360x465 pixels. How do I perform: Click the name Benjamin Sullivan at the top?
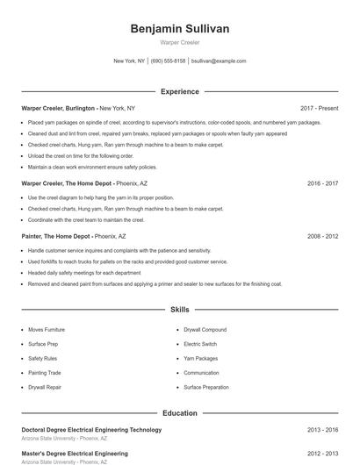click(179, 29)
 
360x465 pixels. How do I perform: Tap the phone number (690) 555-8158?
click(168, 61)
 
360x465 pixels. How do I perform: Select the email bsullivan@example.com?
click(219, 61)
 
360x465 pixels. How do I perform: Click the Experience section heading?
click(179, 91)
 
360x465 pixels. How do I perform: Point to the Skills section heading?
click(179, 310)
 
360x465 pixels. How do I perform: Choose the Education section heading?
click(179, 411)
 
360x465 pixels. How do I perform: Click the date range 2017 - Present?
click(319, 108)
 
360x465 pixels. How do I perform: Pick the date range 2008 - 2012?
click(322, 236)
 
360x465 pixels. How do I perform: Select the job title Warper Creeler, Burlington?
click(58, 108)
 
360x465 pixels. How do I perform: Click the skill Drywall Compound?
click(205, 329)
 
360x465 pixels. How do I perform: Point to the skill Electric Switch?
click(199, 344)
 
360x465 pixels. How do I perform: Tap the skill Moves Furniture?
click(47, 329)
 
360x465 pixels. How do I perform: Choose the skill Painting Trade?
click(45, 372)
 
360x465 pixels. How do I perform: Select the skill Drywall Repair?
click(45, 386)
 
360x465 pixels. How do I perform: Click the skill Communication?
click(201, 372)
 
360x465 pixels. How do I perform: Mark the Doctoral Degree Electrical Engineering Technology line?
click(91, 430)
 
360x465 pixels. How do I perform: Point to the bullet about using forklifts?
click(127, 261)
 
